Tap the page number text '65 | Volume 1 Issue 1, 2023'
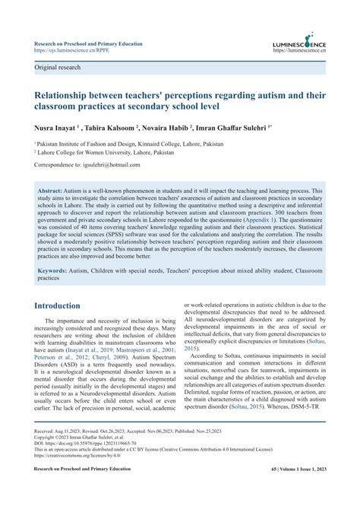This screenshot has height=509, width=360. tap(286, 492)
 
